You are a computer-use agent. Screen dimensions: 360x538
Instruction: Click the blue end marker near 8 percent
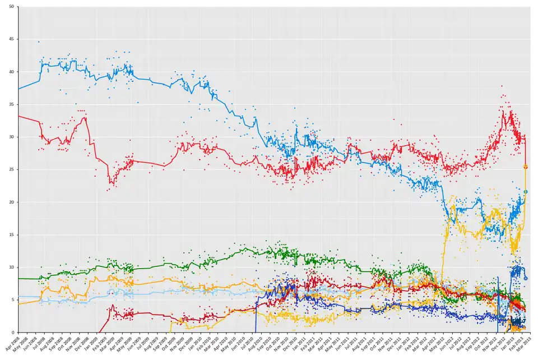click(526, 278)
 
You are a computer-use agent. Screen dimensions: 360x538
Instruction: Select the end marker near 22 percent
click(526, 192)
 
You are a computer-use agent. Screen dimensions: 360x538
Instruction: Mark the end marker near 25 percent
click(526, 167)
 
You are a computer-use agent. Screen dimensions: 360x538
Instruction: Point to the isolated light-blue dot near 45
click(39, 42)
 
